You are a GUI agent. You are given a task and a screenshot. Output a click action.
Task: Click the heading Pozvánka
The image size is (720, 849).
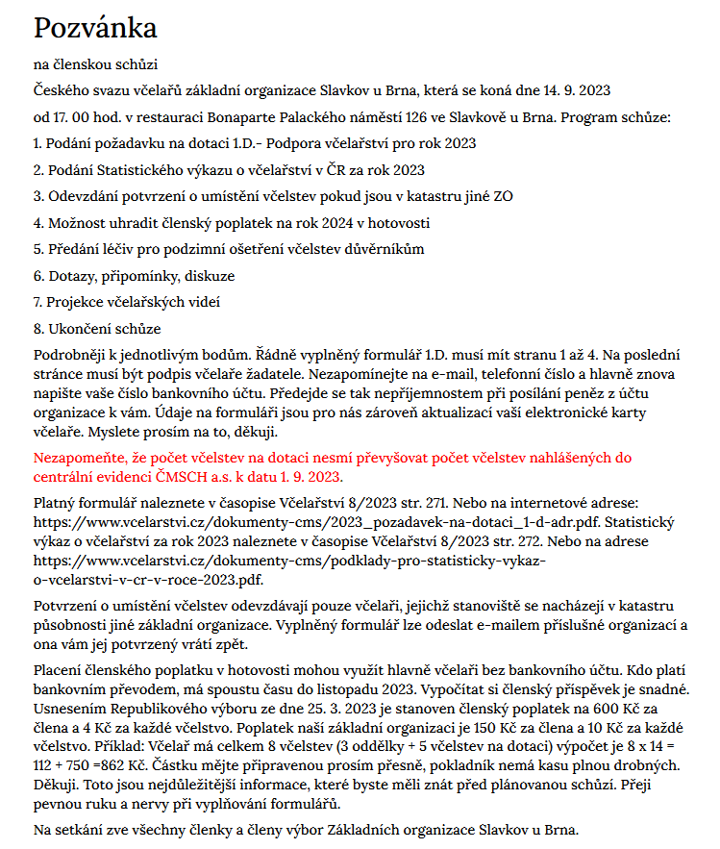(96, 28)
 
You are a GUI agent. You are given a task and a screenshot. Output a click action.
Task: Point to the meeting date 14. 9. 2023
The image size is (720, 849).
(573, 91)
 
